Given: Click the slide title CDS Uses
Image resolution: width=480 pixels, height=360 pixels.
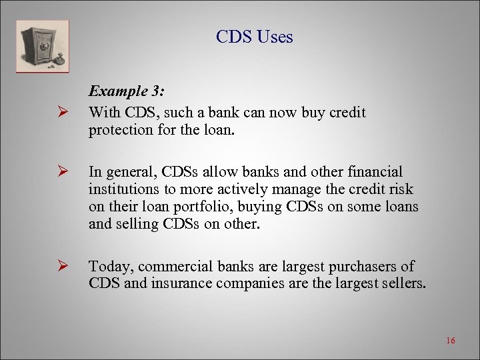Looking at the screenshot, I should [x=254, y=37].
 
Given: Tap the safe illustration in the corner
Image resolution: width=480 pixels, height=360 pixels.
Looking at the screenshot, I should [x=43, y=46].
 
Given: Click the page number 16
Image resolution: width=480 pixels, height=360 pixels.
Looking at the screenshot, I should [x=450, y=341].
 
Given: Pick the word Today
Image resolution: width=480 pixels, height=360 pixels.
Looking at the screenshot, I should [x=109, y=267].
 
